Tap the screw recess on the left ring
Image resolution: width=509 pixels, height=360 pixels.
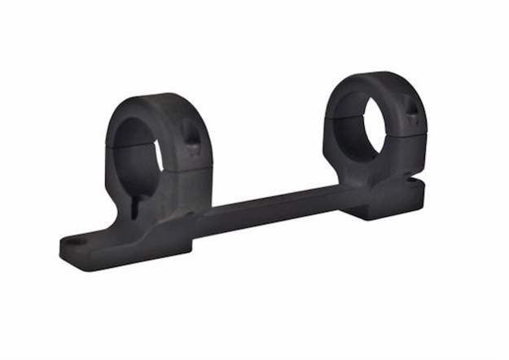tap(191, 140)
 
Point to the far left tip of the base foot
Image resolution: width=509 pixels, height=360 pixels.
tap(62, 244)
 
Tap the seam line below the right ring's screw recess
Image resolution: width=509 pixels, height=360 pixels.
tap(411, 134)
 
